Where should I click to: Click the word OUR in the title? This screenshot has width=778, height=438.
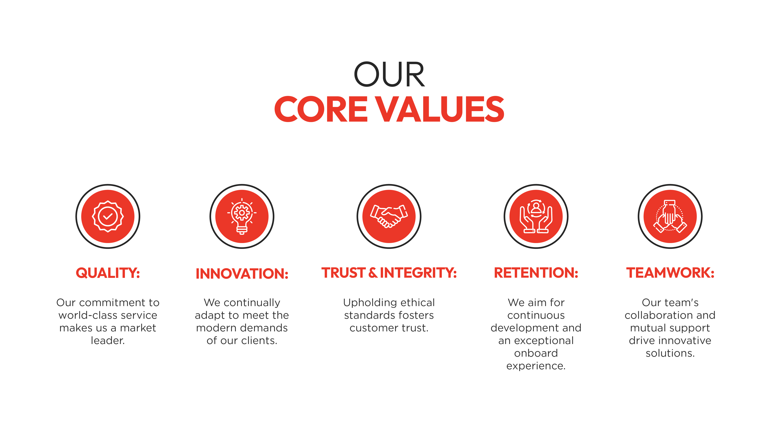coord(389,74)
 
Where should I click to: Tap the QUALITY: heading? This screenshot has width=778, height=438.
coord(108,273)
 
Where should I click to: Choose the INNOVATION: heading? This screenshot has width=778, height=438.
coord(242,274)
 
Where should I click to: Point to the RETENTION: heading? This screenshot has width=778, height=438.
coord(536,273)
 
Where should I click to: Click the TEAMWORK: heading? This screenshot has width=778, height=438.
coord(670,273)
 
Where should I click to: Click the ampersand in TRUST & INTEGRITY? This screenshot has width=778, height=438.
coord(373,273)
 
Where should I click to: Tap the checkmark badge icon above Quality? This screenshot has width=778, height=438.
coord(108,216)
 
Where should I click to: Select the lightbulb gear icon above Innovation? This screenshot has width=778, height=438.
coord(242,216)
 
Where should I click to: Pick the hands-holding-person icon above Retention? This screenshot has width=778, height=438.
coord(536,216)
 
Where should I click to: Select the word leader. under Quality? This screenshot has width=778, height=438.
coord(108,341)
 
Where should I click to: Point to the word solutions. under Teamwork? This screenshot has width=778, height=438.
coord(670,353)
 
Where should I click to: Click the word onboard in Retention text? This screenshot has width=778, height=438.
coord(536,353)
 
